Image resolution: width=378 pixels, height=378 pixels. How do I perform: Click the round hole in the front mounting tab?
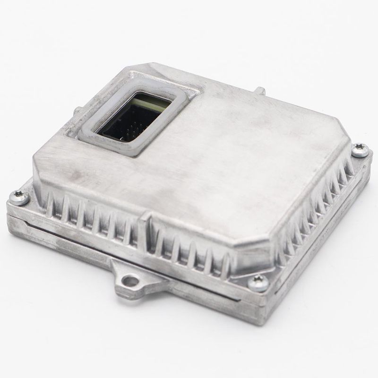tap(128, 282)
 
